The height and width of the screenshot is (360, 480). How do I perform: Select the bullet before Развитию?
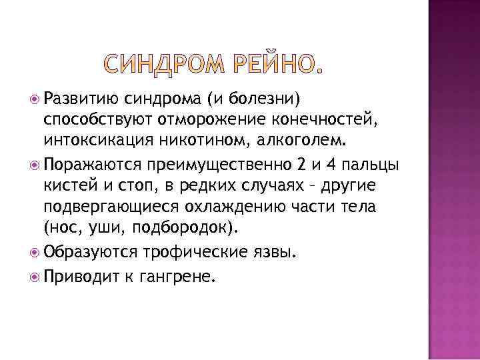35,100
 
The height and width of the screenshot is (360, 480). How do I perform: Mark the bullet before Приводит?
35,272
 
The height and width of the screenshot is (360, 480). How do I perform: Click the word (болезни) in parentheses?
264,100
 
